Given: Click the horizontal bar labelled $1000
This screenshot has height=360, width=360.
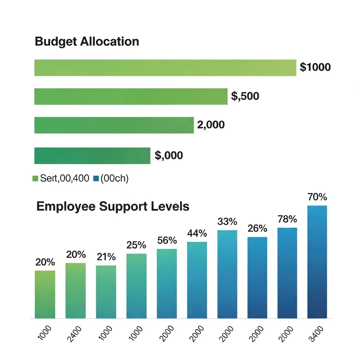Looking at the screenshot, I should click(165, 68).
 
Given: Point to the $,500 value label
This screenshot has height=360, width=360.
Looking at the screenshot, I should click(245, 96).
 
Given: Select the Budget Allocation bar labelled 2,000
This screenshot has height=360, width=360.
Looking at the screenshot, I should click(114, 125).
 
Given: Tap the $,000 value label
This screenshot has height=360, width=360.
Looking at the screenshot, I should click(169, 155).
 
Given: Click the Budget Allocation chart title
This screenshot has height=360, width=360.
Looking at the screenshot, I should click(87, 41).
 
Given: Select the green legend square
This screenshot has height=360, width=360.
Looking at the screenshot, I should click(35, 179).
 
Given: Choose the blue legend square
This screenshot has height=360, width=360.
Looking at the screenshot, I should click(96, 179).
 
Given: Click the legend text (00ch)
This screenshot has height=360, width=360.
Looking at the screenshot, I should click(115, 179).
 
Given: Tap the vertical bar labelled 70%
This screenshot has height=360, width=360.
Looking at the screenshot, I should click(317, 262).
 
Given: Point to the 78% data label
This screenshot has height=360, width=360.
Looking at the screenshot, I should click(287, 219).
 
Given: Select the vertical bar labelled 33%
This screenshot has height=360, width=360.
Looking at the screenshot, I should click(227, 274).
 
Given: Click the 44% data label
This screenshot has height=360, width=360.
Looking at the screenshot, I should click(197, 233).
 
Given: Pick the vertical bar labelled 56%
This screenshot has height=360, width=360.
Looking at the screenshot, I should click(167, 283).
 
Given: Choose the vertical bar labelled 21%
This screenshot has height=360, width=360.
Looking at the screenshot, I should click(106, 292).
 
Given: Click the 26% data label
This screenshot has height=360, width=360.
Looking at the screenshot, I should click(257, 229).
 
